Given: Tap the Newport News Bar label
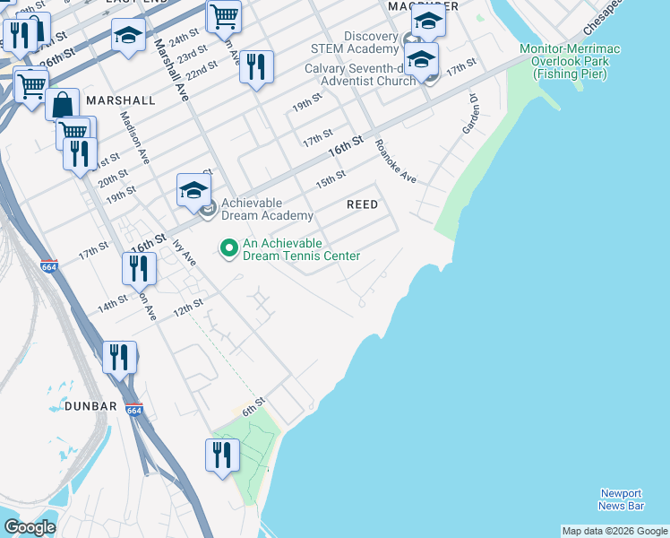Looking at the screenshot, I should pos(621,499).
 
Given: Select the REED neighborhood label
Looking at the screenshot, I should pos(362,204).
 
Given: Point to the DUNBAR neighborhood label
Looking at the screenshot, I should pos(90,406).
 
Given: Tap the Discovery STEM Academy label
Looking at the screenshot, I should pos(354,41).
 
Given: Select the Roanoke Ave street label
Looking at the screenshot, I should pos(396,161).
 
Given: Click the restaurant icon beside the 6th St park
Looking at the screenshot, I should pos(222,455).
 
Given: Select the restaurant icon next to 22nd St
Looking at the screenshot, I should pos(256,66).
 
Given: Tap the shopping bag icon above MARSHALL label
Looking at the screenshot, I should pos(65,105).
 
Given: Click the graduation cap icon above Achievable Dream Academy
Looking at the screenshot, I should pos(193,189).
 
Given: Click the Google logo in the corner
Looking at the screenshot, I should pos(30,527).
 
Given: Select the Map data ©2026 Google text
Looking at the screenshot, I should pos(614,531).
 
